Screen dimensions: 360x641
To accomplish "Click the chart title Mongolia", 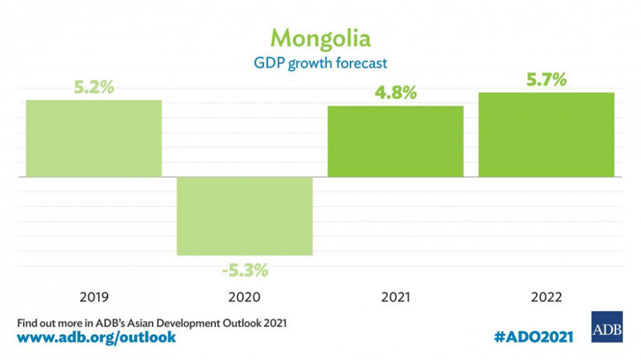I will pos(320,38).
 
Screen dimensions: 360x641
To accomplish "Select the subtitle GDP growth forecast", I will pos(320,63).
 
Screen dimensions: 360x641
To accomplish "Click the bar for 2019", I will pos(94,138).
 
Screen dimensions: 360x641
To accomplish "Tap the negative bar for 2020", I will pos(245,216).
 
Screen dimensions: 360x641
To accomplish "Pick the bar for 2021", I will pos(395,141).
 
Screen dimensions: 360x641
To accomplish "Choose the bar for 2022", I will pos(546,135).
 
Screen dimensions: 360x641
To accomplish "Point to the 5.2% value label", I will pos(94,88).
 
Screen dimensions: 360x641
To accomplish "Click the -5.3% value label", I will pos(245,270).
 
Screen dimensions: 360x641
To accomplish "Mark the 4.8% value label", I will pos(395,93).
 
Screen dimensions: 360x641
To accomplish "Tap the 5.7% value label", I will pos(546,80).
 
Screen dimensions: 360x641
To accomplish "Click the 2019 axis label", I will pos(94,297).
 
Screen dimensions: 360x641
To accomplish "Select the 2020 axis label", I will pos(245,297).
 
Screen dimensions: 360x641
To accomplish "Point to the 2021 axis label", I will pos(395,297).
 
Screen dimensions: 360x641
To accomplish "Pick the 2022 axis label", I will pos(546,297).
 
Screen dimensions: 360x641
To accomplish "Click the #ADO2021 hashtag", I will pos(534,336).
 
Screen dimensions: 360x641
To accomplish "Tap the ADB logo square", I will pos(606,327).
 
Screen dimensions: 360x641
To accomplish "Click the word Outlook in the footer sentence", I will pos(237,322).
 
